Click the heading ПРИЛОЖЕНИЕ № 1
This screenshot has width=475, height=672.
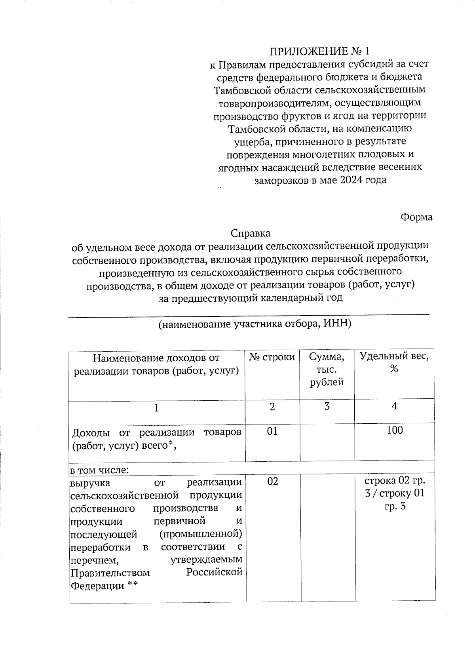319,51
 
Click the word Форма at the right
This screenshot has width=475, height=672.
416,217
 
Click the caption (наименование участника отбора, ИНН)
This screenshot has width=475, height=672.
255,324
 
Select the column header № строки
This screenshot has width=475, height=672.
272,357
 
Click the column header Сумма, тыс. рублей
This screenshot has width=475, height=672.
327,369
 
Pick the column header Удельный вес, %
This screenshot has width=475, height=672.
394,362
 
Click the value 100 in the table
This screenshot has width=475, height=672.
395,430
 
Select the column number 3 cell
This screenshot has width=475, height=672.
327,407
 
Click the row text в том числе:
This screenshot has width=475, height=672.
99,470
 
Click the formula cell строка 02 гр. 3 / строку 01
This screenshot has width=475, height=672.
395,493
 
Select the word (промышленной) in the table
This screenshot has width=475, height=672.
200,534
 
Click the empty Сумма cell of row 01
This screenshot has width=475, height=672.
327,442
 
